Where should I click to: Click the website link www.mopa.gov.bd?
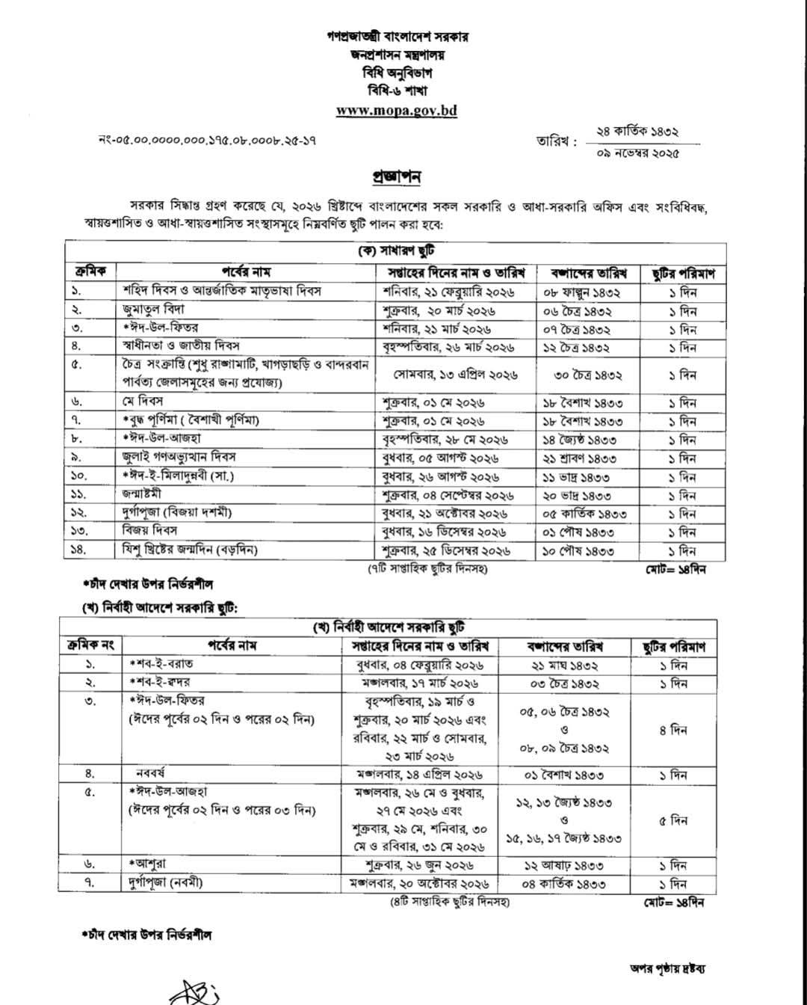click(x=396, y=111)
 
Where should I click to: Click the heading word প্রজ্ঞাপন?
click(x=397, y=177)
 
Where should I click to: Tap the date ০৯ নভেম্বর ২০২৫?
click(x=637, y=153)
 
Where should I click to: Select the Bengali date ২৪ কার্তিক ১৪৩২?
click(x=637, y=132)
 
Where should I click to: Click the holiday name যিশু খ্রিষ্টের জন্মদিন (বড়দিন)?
click(x=190, y=550)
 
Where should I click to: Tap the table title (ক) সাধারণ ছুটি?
click(x=396, y=252)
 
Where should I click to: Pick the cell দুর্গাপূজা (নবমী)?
click(x=164, y=883)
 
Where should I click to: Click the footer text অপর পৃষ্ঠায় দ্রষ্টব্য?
click(x=668, y=969)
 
